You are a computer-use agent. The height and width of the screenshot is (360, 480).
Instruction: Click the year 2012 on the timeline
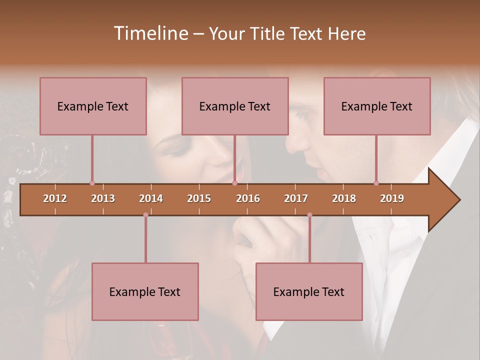tap(55, 198)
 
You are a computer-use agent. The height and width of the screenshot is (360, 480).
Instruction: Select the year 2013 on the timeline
tap(103, 198)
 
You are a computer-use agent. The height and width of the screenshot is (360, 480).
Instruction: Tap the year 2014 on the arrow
tap(151, 198)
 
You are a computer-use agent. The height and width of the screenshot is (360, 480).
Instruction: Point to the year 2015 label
tap(199, 198)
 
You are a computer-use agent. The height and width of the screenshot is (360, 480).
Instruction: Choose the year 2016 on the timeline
tap(248, 198)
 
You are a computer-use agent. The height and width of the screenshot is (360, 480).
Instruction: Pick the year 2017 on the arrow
tap(296, 198)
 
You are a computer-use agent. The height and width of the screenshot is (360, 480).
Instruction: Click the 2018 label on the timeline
tap(344, 198)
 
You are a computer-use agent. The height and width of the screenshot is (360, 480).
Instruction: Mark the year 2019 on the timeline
tap(392, 198)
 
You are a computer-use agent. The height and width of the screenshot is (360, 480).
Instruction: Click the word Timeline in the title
tap(150, 33)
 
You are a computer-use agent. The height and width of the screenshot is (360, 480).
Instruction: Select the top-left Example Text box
tap(93, 106)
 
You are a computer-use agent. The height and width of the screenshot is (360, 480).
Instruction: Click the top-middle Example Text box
tap(235, 106)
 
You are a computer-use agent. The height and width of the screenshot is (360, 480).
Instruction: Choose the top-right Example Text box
tap(377, 106)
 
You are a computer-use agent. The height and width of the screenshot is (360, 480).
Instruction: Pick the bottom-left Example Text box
tap(145, 291)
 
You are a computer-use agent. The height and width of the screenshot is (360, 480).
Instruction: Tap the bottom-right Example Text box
tap(309, 291)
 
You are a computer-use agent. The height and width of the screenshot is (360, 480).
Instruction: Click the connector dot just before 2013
tap(92, 183)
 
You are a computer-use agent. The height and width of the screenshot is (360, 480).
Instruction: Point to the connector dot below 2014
tap(145, 215)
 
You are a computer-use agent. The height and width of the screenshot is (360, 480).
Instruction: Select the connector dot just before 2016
tap(234, 183)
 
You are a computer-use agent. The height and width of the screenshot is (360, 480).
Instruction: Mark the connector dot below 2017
tap(309, 215)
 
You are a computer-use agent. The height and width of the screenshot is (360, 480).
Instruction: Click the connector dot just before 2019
tap(376, 183)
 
